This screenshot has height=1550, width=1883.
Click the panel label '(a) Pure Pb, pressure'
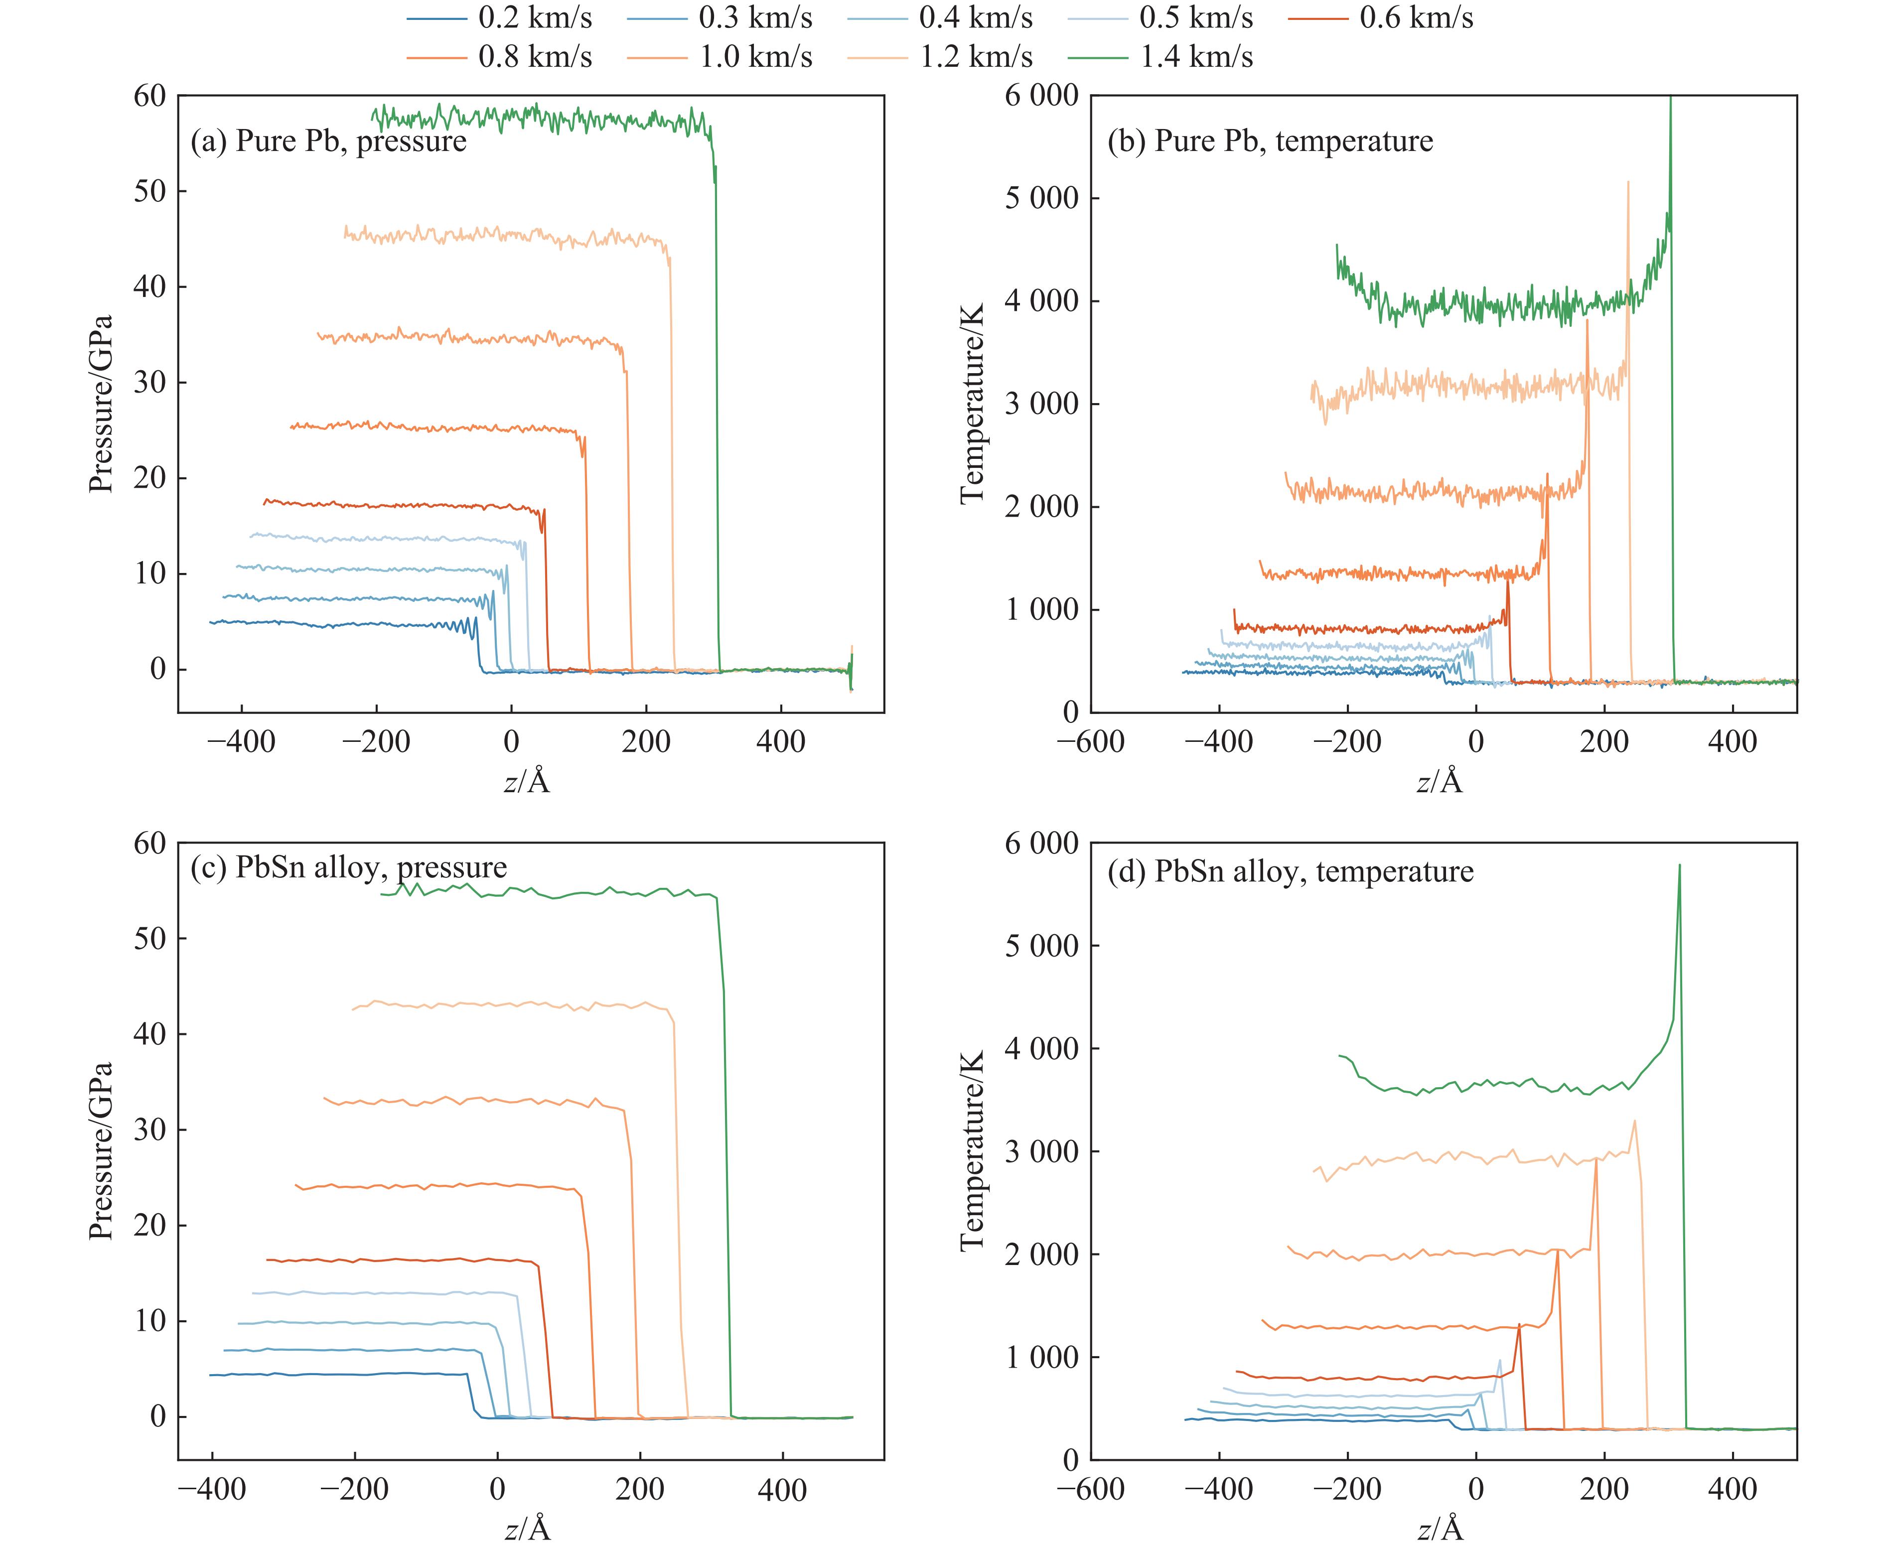pos(328,141)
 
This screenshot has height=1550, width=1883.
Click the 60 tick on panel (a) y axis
pos(150,96)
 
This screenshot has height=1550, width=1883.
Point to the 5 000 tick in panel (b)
pos(1042,198)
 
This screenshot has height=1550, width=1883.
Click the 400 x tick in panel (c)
pos(782,1489)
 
